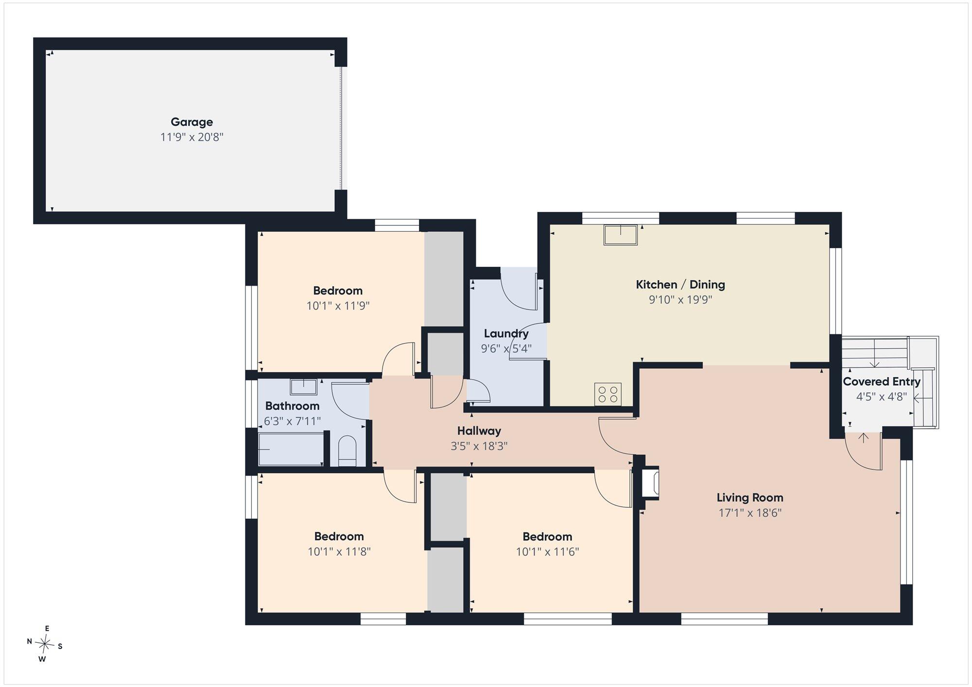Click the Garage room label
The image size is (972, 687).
(x=191, y=122)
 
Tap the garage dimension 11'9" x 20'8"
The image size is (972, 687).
(x=191, y=137)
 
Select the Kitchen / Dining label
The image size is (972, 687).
(x=680, y=285)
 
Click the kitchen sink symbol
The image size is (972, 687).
(x=621, y=235)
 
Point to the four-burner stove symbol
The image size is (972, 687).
(x=608, y=394)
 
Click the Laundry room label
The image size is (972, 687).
(x=506, y=334)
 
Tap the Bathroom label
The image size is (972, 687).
(x=292, y=406)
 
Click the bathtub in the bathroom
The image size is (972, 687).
(x=291, y=449)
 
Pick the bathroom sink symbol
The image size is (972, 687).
(x=304, y=387)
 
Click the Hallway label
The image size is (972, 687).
(x=479, y=431)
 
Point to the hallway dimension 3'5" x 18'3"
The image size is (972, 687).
(x=479, y=446)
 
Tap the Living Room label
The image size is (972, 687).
(x=750, y=498)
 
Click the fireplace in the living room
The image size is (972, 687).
(x=651, y=482)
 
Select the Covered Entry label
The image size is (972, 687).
(x=882, y=382)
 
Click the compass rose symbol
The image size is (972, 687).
(x=45, y=645)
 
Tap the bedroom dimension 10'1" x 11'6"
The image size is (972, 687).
(x=547, y=552)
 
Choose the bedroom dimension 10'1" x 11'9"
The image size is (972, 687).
(x=338, y=306)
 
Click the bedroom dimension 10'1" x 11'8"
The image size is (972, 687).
(x=339, y=552)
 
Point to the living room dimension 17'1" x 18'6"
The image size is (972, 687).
(x=750, y=513)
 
